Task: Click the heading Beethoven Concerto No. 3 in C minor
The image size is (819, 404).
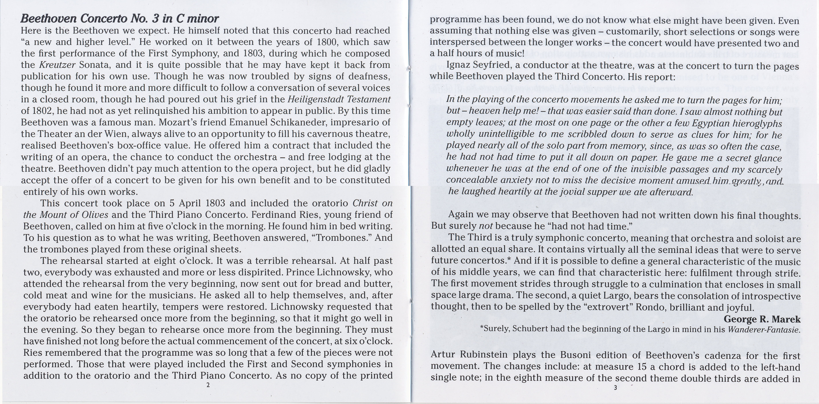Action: click(120, 19)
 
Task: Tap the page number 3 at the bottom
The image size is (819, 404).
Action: click(615, 388)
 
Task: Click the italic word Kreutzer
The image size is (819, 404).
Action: click(57, 65)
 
